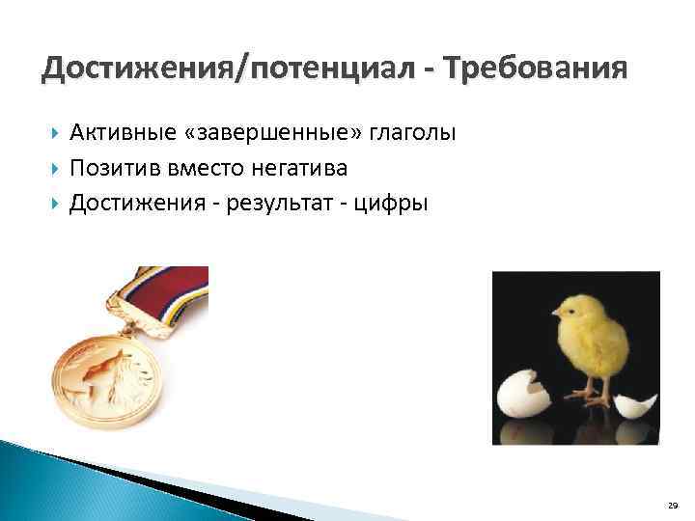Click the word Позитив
(109, 168)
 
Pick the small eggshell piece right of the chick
(635, 404)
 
